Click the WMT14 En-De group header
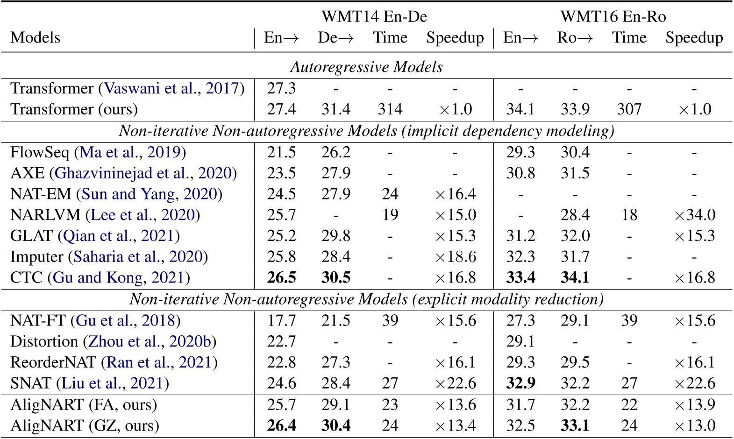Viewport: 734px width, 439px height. coord(374,17)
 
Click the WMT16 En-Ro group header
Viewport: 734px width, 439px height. coord(613,17)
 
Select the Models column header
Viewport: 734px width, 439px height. coord(36,37)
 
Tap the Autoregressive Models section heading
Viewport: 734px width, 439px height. coord(366,67)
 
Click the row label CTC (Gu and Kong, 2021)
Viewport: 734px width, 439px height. coord(100,278)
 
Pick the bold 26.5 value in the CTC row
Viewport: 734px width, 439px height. coord(281,278)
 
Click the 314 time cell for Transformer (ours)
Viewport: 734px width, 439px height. coord(390,109)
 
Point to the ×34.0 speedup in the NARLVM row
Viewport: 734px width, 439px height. coord(694,215)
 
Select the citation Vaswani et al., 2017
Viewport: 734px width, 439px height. coord(171,88)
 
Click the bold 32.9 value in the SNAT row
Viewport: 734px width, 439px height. coord(520,383)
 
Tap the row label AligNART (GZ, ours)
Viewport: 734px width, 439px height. coord(85,425)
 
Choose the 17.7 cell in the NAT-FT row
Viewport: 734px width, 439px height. coord(281,320)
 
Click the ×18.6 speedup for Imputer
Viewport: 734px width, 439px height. coord(455,257)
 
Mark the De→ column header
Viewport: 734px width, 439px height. coord(335,37)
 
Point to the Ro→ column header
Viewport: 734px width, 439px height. coord(575,37)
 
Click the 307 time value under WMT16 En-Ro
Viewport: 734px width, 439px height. coord(629,109)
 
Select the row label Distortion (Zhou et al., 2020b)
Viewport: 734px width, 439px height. coord(113,341)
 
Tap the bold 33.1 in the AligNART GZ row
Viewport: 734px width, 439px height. coord(575,425)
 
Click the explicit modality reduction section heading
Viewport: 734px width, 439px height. coord(366,299)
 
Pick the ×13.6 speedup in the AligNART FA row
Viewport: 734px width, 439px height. coord(455,404)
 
